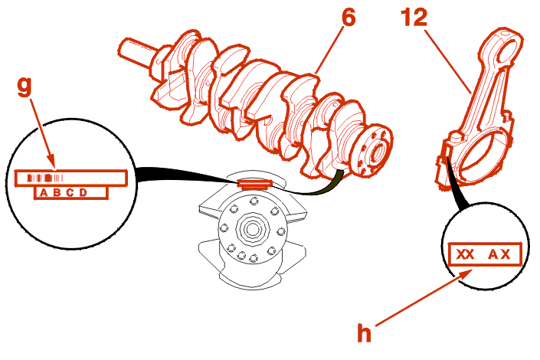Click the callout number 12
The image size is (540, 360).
click(x=415, y=18)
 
